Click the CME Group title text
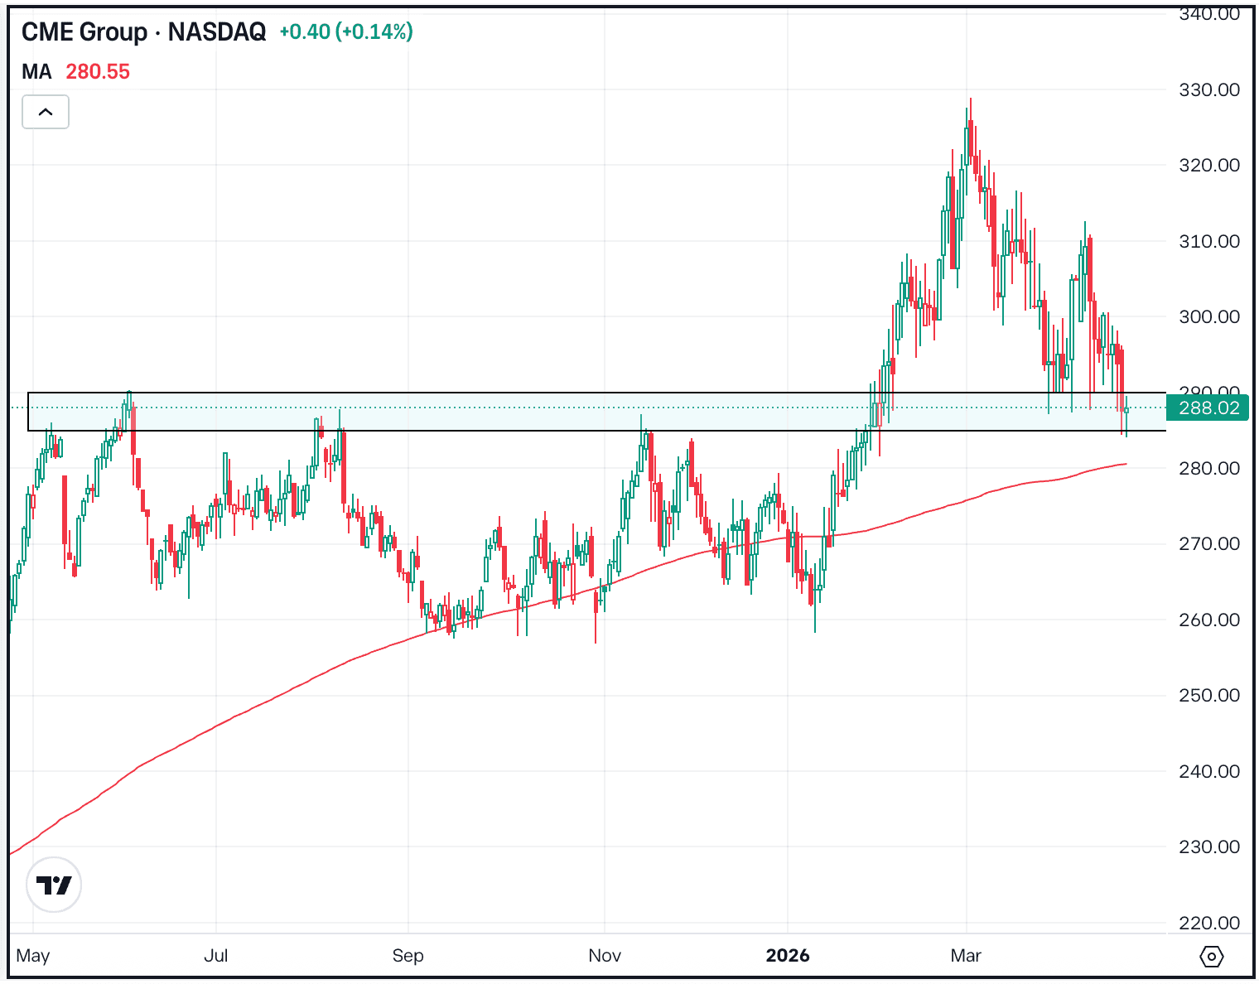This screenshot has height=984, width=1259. point(84,32)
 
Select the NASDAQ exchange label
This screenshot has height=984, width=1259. point(217,32)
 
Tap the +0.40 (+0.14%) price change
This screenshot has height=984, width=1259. point(346,32)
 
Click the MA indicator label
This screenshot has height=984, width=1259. point(36,72)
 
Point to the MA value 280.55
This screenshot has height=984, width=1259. point(98,72)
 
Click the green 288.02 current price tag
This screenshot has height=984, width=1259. point(1208,408)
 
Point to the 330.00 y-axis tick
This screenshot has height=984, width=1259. point(1208,89)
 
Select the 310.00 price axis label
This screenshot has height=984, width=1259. point(1208,241)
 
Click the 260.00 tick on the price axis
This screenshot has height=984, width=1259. point(1208,620)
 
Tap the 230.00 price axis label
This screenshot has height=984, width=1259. point(1208,847)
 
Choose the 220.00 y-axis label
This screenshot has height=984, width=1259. point(1208,923)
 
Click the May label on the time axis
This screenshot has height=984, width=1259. point(33,956)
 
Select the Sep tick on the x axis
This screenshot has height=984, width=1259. point(408,956)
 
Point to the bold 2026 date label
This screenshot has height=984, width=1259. point(788,956)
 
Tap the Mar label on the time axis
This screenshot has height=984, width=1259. point(966,956)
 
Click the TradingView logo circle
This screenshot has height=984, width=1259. point(54,885)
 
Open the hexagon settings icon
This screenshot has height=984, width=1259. point(1211,957)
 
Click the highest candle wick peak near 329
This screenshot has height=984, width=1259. point(970,100)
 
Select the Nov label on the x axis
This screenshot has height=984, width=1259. point(605,956)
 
